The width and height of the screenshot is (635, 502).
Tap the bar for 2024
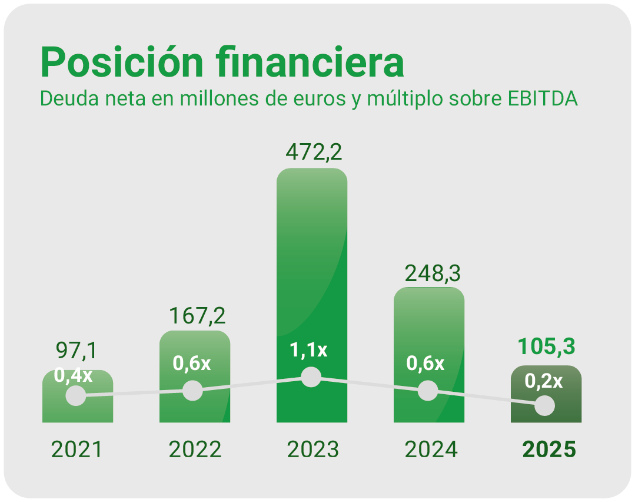(429, 330)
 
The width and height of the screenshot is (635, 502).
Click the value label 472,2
(313, 151)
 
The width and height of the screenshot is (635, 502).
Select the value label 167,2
(197, 315)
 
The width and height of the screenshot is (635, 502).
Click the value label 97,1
(77, 351)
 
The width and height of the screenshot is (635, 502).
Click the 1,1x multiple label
(308, 351)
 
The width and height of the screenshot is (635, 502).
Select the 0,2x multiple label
(543, 381)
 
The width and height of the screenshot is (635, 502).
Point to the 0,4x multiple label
(74, 375)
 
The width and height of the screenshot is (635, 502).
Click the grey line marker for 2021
(75, 396)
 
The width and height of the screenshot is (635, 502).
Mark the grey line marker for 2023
(311, 377)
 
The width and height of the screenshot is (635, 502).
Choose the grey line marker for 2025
(545, 405)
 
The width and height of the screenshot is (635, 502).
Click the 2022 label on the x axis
(195, 450)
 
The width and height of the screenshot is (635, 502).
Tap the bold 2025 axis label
(549, 450)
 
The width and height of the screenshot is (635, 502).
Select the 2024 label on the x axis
(431, 450)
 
